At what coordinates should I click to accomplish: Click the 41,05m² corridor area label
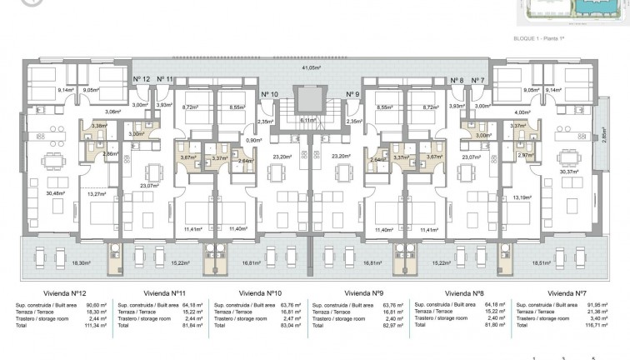(312, 67)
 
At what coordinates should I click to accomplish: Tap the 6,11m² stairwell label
(307, 121)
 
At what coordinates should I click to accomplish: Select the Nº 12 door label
(142, 78)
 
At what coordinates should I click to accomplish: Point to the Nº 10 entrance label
(269, 94)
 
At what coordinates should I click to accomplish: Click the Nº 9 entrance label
(352, 94)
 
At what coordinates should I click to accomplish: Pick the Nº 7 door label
(477, 81)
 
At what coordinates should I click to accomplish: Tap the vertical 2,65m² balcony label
(604, 134)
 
